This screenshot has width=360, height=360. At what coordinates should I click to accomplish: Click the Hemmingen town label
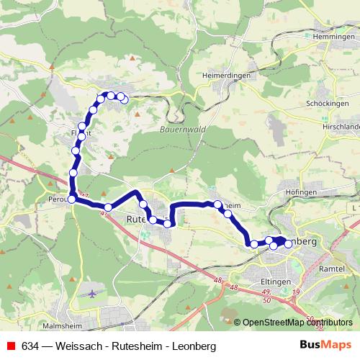pos(330,36)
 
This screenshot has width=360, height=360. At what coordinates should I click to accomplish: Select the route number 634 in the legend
pos(30,346)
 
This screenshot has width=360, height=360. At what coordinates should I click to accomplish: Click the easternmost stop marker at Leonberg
pos(289,244)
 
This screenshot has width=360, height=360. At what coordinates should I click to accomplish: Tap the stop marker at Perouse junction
pos(71,199)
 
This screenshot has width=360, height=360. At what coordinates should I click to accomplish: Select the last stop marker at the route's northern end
pos(125,99)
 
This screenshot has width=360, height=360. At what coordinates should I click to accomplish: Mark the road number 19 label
pos(297,291)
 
